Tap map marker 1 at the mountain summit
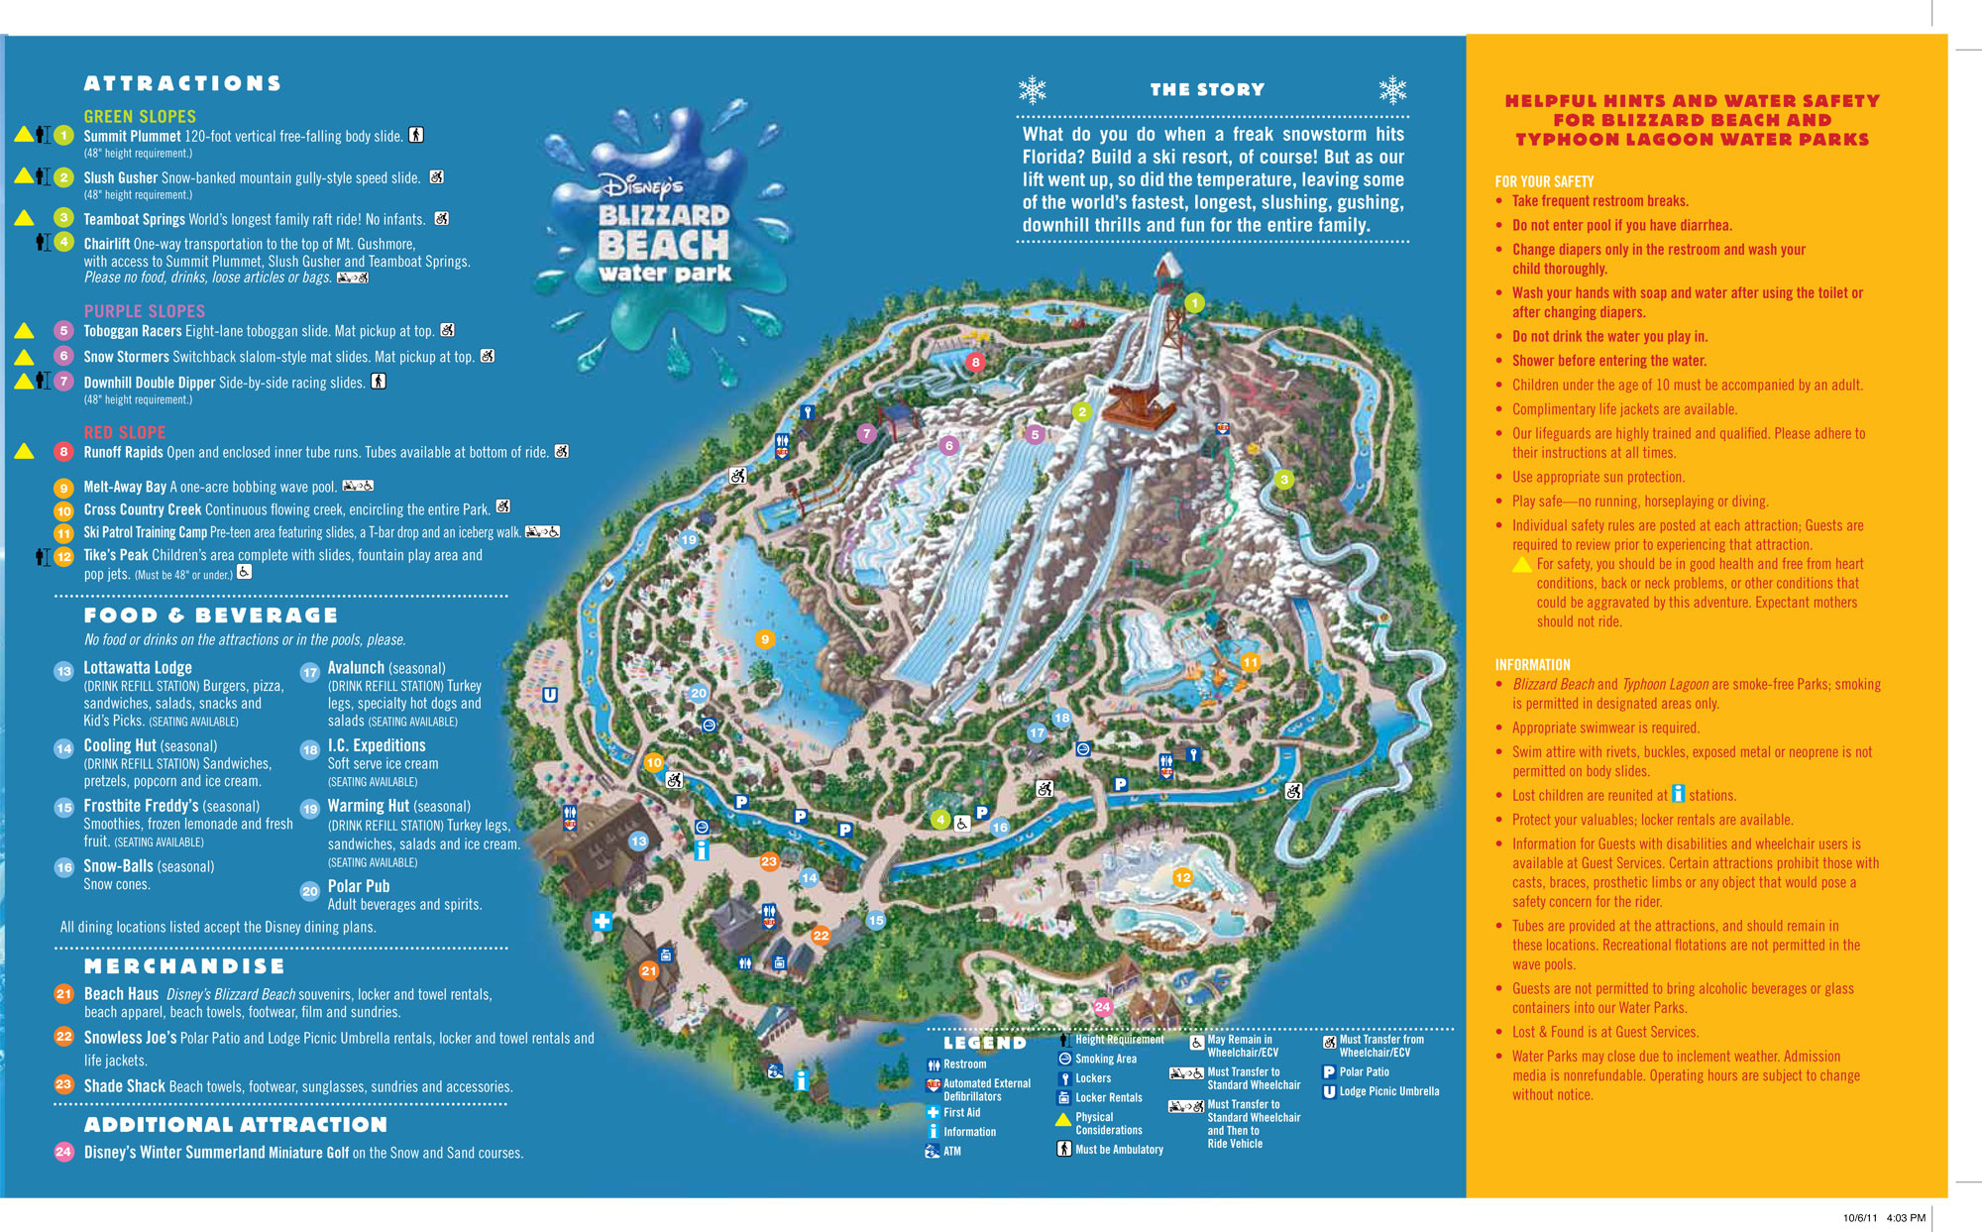pyautogui.click(x=1194, y=303)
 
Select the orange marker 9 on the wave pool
pyautogui.click(x=764, y=639)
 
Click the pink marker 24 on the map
pyautogui.click(x=1102, y=1007)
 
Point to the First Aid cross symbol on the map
pyautogui.click(x=602, y=921)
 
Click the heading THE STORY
pyautogui.click(x=1207, y=89)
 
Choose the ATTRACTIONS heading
pyautogui.click(x=182, y=83)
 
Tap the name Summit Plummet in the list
pyautogui.click(x=132, y=136)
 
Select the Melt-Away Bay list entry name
pyautogui.click(x=125, y=487)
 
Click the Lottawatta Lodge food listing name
pyautogui.click(x=138, y=668)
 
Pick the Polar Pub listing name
pyautogui.click(x=359, y=886)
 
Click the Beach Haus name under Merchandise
pyautogui.click(x=121, y=993)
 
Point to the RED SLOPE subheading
pyautogui.click(x=125, y=432)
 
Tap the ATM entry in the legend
pyautogui.click(x=951, y=1151)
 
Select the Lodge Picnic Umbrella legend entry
pyautogui.click(x=1388, y=1091)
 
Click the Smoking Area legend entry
pyautogui.click(x=1105, y=1059)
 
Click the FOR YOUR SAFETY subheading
pyautogui.click(x=1544, y=181)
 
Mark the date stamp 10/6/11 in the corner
pyautogui.click(x=1860, y=1217)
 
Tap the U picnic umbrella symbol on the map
pyautogui.click(x=550, y=695)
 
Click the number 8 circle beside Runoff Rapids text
pyautogui.click(x=63, y=452)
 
